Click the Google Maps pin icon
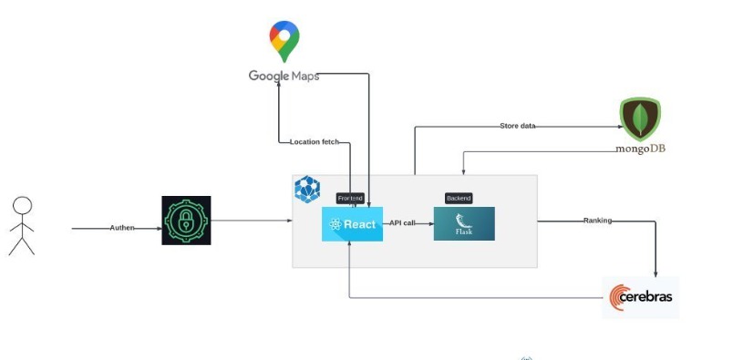point(284,41)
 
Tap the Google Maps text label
point(284,76)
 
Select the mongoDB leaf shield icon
point(640,119)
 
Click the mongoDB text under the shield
point(640,149)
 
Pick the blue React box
point(352,224)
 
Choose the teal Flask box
point(464,224)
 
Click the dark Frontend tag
point(350,199)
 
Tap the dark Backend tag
point(459,199)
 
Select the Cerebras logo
point(640,297)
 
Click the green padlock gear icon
point(186,221)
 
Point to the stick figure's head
point(22,206)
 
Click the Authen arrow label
point(122,228)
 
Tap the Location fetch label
point(315,141)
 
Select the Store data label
point(518,126)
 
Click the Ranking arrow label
point(597,221)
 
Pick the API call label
point(402,223)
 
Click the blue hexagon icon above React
point(307,189)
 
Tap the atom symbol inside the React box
point(336,224)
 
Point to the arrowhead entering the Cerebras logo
point(656,274)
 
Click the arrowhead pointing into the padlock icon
point(159,229)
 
